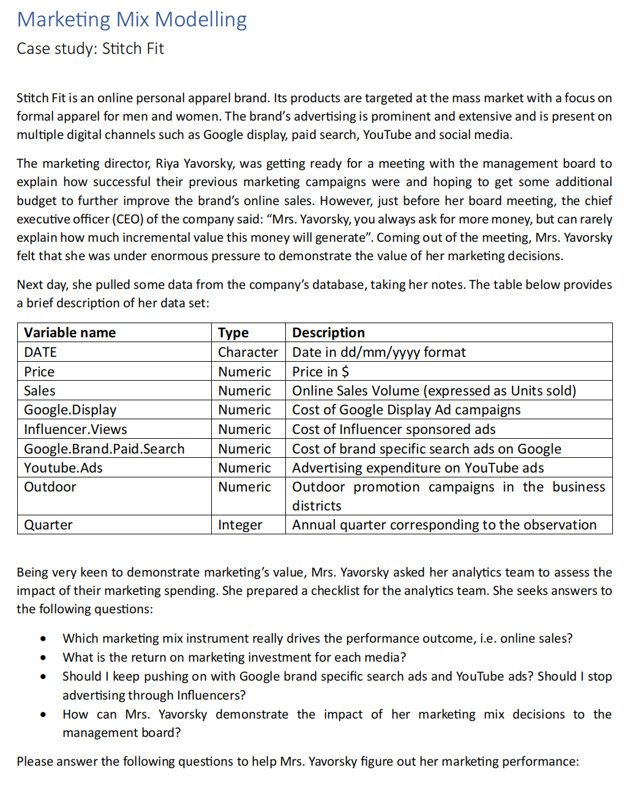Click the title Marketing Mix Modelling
coord(132,20)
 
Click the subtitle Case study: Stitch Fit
coord(90,49)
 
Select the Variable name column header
coord(70,333)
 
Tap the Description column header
coord(328,333)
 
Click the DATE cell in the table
coord(40,353)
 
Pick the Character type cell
coord(248,353)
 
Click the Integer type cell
coord(240,525)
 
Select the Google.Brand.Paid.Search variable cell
coord(104,449)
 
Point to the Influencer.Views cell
coord(75,430)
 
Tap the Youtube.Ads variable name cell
coord(63,468)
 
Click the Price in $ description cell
coord(320,372)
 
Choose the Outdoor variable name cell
coord(50,487)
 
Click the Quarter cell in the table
coord(48,525)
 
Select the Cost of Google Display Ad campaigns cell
coord(406,410)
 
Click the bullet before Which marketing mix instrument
coord(43,639)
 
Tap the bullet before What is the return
coord(43,658)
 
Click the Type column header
coord(233,333)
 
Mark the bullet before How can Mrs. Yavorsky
coord(43,715)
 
